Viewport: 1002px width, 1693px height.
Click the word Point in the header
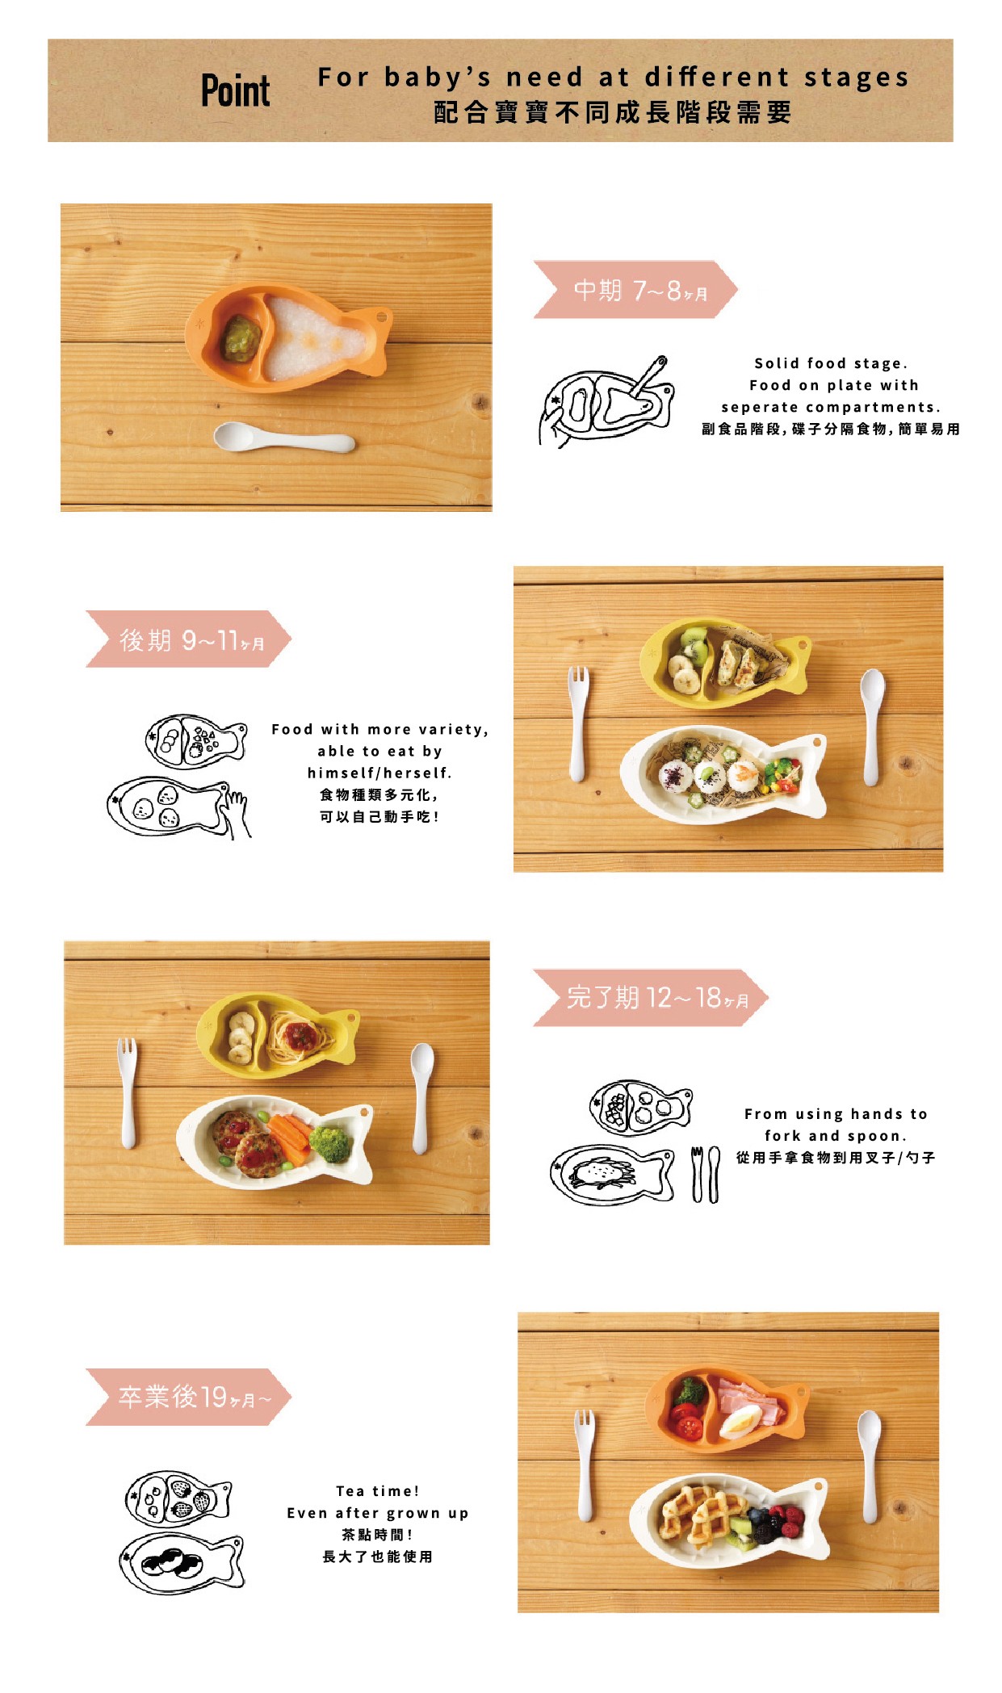[235, 90]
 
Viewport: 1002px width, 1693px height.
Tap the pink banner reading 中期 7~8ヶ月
[635, 289]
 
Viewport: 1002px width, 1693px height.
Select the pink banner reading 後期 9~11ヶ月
[188, 639]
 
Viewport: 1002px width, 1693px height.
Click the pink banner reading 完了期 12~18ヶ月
[651, 998]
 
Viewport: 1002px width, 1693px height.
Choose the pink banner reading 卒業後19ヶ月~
[188, 1397]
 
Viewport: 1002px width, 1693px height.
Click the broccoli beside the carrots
[329, 1143]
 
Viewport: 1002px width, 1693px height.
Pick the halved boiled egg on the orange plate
[741, 1422]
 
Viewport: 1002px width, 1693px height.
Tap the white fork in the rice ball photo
[578, 723]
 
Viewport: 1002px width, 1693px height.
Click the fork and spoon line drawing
[705, 1175]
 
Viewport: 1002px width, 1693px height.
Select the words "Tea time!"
[378, 1490]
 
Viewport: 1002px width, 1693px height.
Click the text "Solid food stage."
[831, 363]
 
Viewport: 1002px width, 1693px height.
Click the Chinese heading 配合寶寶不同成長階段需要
[613, 112]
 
